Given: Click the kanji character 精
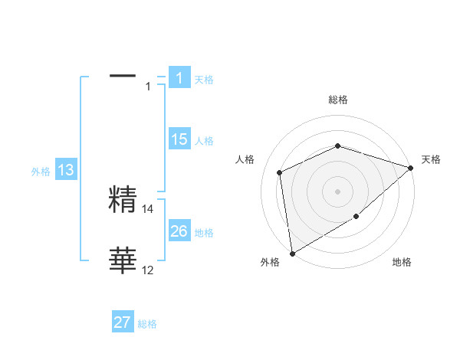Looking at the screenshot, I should (x=123, y=200).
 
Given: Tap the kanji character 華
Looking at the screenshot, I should (x=123, y=261).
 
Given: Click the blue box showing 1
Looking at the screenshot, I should (x=179, y=77).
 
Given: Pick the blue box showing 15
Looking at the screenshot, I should (x=179, y=139).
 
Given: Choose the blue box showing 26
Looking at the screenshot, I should (x=179, y=231).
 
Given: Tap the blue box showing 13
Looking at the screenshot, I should (x=66, y=170).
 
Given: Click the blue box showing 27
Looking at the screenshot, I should (x=123, y=322).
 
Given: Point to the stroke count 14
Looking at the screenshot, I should (x=148, y=208).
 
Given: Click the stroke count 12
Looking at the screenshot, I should (x=148, y=270).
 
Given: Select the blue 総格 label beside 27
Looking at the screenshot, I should (x=147, y=324).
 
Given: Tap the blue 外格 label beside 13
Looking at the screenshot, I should (x=41, y=172).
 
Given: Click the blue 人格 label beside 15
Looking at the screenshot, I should (x=204, y=141).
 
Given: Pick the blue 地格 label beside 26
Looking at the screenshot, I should (x=204, y=233).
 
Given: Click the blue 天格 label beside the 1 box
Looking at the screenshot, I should (x=204, y=79).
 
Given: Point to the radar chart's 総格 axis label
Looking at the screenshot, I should (x=338, y=100).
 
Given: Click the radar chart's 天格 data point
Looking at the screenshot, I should (x=411, y=168).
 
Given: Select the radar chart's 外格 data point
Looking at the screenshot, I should (x=292, y=253).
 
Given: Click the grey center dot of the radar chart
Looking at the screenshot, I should (x=337, y=191).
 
